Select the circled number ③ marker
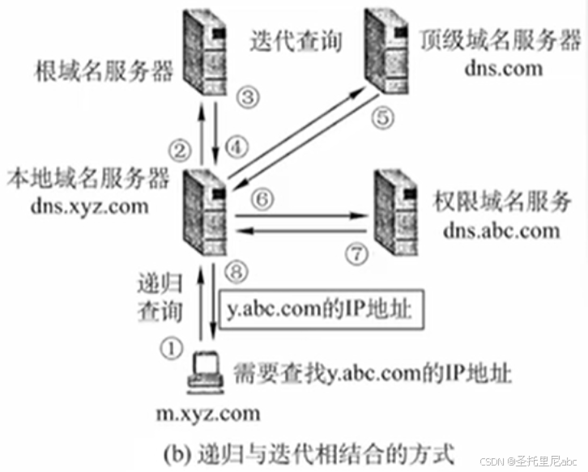[x=248, y=96]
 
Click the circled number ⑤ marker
[x=384, y=118]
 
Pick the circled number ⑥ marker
[x=261, y=198]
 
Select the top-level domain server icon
[x=386, y=46]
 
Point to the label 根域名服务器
[x=104, y=73]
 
